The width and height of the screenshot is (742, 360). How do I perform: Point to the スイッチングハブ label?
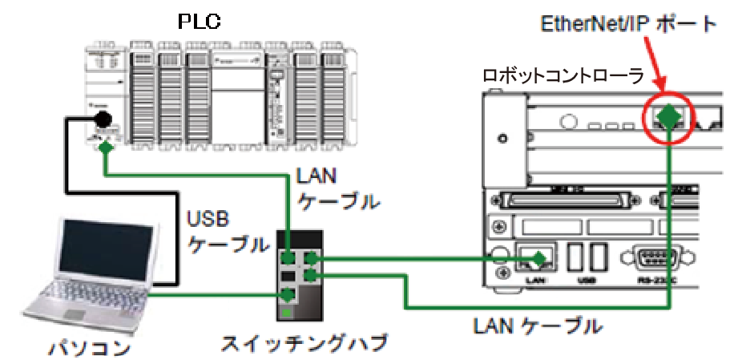pyautogui.click(x=303, y=343)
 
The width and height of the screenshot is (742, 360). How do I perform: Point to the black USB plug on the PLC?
pyautogui.click(x=102, y=121)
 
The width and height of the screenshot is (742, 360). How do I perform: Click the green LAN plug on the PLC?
pyautogui.click(x=106, y=147)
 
